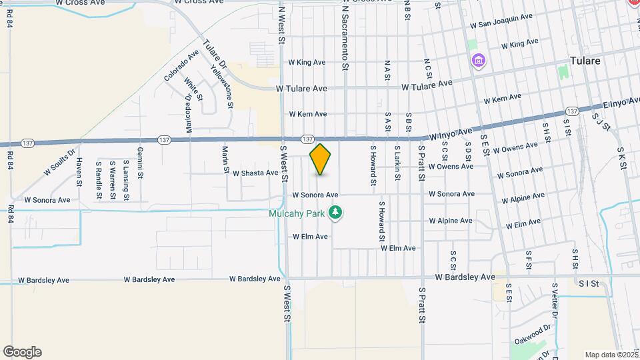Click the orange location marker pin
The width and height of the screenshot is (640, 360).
point(321,159)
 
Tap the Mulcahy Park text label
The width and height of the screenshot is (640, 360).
point(297,213)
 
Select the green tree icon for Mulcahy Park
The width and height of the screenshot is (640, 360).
point(337,213)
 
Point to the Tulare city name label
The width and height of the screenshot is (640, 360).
point(585,61)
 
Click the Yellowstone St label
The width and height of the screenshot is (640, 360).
point(222,87)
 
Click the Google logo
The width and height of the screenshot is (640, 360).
point(22,351)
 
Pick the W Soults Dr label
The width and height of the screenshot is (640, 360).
point(57,160)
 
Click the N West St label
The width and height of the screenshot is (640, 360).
point(282,27)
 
